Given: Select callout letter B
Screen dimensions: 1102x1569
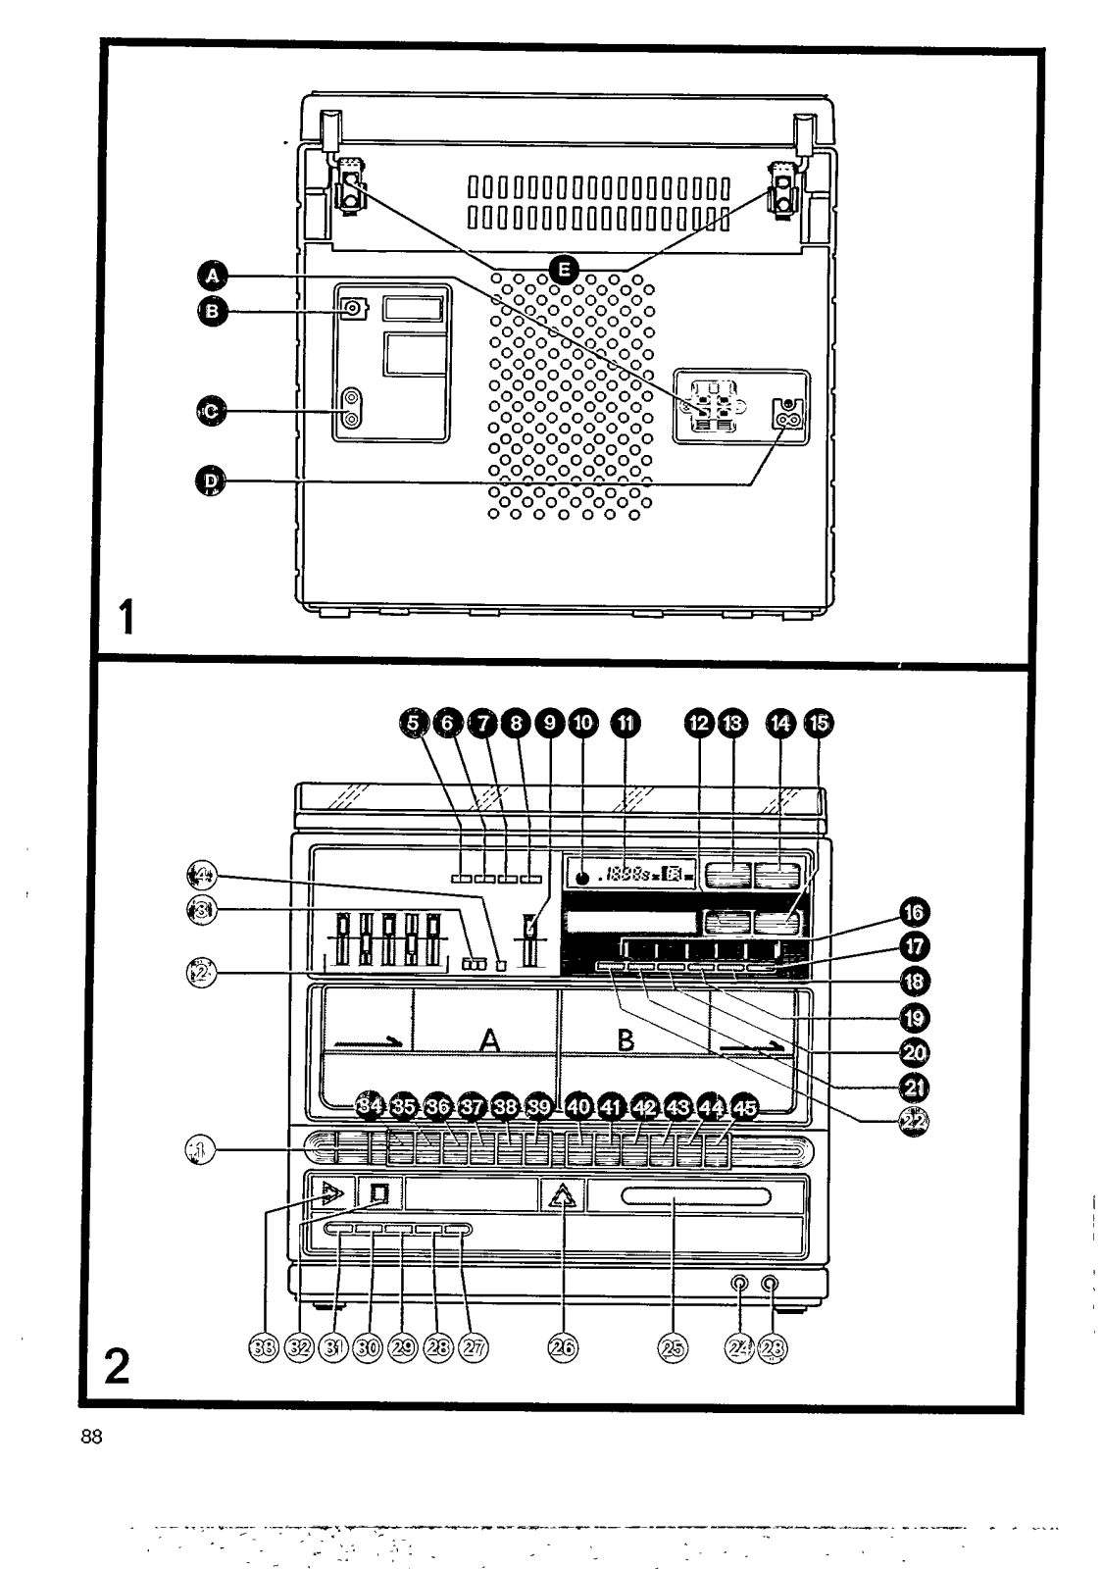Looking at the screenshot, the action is [211, 313].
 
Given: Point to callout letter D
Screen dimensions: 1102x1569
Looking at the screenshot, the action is [211, 481].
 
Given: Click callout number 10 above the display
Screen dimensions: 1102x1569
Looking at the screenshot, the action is [582, 723].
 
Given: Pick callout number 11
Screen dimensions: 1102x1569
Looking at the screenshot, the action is [623, 723].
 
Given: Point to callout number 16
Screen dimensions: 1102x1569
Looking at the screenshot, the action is [913, 914].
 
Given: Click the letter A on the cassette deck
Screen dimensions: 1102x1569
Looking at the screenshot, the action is [489, 1039].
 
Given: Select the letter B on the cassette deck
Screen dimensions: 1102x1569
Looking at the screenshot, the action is [625, 1039].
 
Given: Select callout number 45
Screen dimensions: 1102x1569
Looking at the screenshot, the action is [744, 1108].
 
